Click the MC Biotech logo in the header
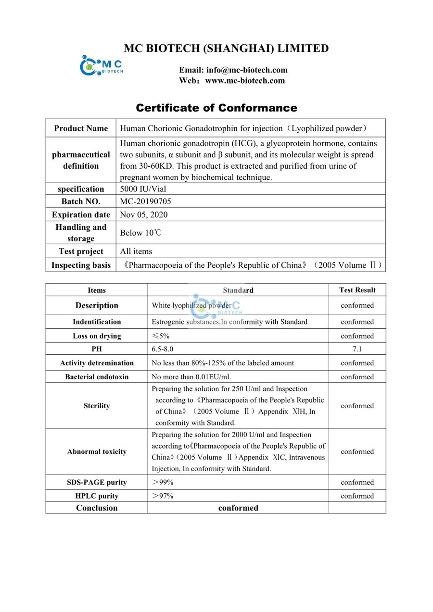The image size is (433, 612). coord(101,66)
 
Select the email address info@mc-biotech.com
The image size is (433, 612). coord(233,70)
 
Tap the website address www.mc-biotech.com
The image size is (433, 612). coord(245,81)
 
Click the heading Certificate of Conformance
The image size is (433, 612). coord(216,108)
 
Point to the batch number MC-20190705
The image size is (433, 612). coord(145,201)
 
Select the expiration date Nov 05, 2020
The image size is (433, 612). coord(144,214)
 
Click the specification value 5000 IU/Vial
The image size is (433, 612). coord(143,189)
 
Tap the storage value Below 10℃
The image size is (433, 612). coord(140,233)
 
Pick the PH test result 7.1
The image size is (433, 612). coord(357,349)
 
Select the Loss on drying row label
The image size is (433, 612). coord(97,336)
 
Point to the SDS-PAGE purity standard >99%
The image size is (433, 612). coord(163,482)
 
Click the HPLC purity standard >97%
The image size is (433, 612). coord(163,496)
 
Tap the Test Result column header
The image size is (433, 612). coord(357,290)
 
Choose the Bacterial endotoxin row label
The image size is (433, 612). coord(97,377)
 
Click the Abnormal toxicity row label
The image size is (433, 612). coord(97,451)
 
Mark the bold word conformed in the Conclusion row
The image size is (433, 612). coord(238,508)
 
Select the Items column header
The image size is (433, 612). coord(97,290)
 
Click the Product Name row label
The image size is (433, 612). coord(81,128)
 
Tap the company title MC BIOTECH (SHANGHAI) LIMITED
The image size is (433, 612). coord(226,49)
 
